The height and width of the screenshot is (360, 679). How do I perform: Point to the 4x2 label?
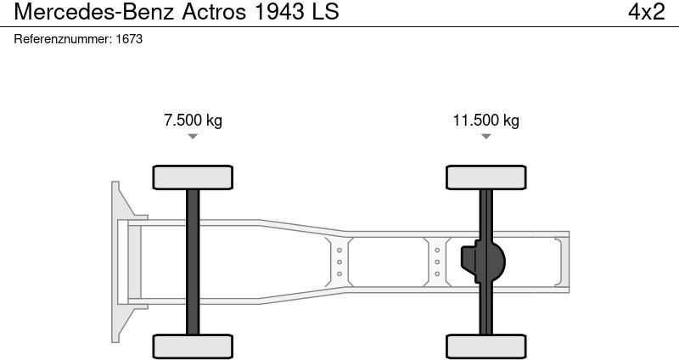tap(646, 12)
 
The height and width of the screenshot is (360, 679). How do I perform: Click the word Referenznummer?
tap(62, 39)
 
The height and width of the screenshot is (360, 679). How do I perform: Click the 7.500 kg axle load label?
tap(193, 121)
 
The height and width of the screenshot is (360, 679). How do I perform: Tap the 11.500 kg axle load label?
tap(485, 121)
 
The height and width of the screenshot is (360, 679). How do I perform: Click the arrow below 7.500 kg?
tap(193, 137)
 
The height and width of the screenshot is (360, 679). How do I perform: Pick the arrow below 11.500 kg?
tap(485, 137)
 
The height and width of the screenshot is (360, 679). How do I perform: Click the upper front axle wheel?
tap(193, 177)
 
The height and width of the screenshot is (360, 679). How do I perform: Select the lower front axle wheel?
tap(193, 346)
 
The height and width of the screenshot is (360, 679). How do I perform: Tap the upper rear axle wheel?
tap(485, 177)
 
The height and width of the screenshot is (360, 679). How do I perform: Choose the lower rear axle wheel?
tap(485, 346)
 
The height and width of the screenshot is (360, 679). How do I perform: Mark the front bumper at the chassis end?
tap(119, 262)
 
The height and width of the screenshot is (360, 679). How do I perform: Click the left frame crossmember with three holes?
tap(339, 262)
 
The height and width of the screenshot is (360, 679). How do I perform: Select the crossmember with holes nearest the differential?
tap(437, 262)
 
